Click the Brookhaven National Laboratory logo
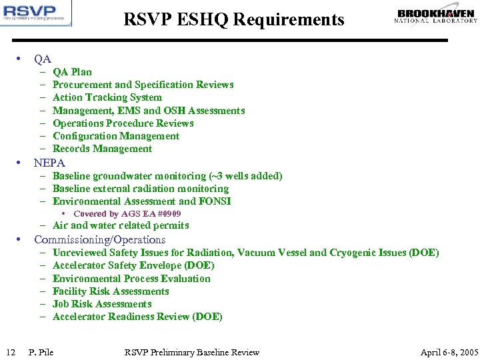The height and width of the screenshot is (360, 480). [436, 16]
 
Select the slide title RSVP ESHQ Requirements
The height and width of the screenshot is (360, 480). [234, 20]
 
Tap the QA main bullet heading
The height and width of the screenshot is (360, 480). [43, 59]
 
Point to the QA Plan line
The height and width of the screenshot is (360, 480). [72, 72]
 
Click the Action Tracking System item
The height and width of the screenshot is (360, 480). [107, 97]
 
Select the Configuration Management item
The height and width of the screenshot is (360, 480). [115, 136]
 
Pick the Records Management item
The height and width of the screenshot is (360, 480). [102, 149]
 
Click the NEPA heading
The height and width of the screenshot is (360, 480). [49, 163]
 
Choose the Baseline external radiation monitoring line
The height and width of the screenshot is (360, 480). [140, 189]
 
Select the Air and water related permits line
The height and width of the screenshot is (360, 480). [120, 225]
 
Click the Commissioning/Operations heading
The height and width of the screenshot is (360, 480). [99, 239]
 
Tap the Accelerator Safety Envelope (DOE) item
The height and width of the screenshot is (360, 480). [133, 265]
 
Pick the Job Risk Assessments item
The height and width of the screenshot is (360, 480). [102, 304]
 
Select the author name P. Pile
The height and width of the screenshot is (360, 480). [41, 352]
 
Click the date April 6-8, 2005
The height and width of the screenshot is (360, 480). [449, 352]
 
